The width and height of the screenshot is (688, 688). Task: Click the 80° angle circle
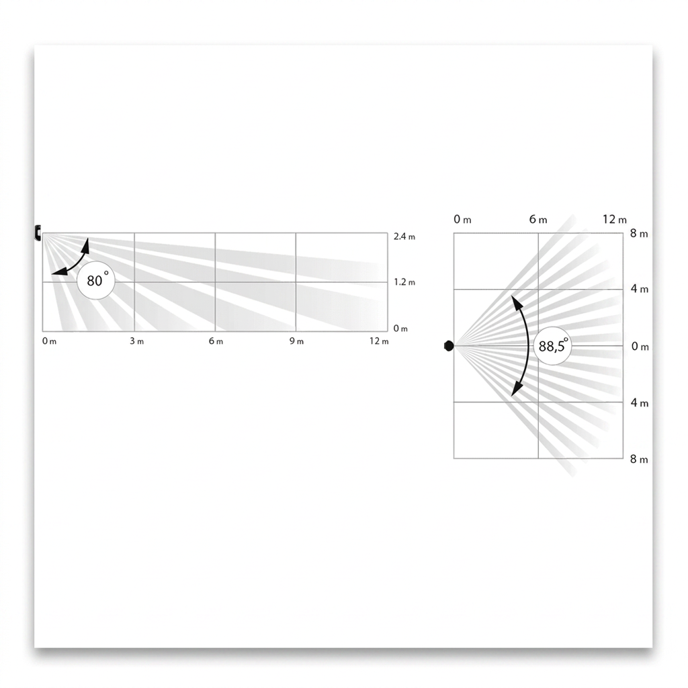(95, 280)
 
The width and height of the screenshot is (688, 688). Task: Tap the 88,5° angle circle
(552, 346)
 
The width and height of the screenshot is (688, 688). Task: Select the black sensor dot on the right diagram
(448, 346)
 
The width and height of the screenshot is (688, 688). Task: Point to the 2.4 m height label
(404, 236)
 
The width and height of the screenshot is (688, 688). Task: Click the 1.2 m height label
(404, 282)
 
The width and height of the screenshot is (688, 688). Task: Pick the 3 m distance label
(136, 341)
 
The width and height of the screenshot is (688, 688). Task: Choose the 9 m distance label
(296, 341)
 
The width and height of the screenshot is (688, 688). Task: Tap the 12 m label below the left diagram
(379, 341)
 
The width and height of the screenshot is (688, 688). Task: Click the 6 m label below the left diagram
(216, 341)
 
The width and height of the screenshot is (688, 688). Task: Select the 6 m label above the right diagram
(538, 220)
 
